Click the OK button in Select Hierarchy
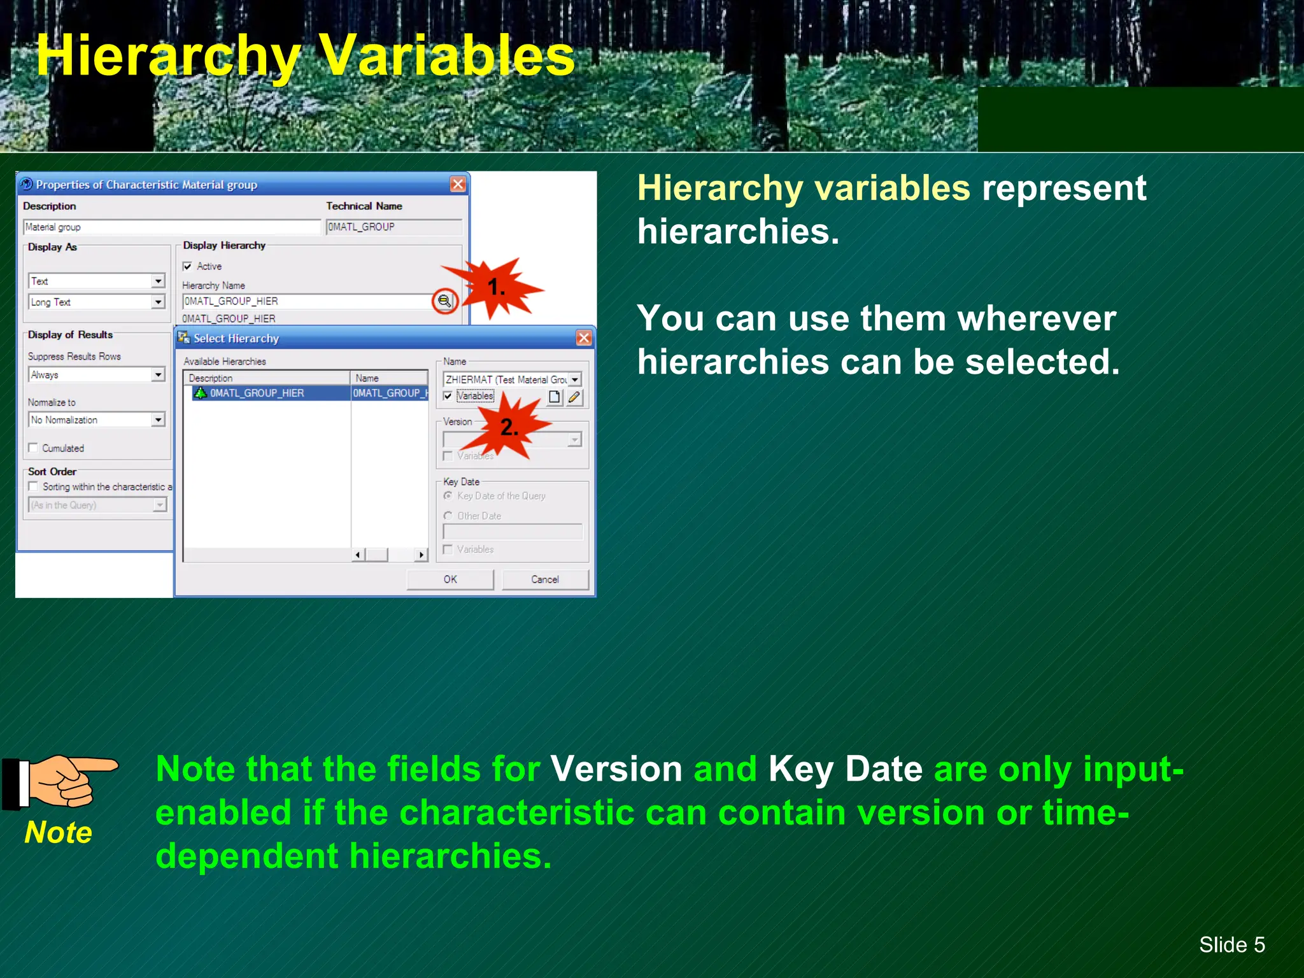[x=450, y=579]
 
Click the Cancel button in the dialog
[x=545, y=579]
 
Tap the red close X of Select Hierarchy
[x=583, y=338]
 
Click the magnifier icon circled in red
[x=444, y=301]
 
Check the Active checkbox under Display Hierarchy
[x=188, y=266]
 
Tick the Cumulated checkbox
[x=33, y=448]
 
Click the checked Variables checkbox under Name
[x=448, y=396]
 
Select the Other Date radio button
[x=448, y=516]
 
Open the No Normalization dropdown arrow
[x=158, y=420]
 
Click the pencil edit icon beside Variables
[x=574, y=397]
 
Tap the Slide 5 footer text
[x=1231, y=945]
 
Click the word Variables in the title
[x=446, y=56]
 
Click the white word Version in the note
[x=616, y=769]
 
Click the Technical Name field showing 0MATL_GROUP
[x=393, y=227]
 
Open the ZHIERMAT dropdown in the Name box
[x=574, y=379]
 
